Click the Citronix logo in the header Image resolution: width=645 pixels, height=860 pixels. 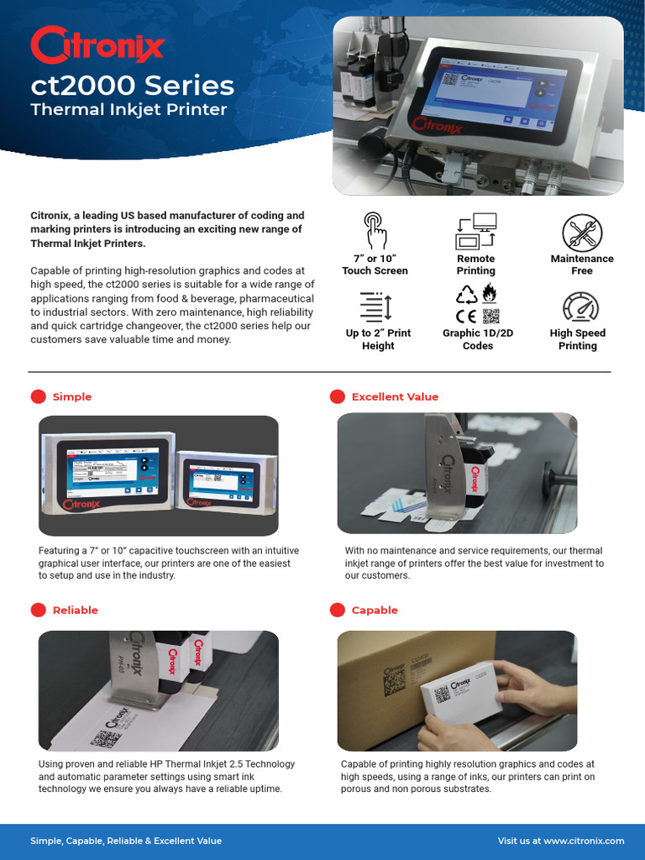(x=97, y=45)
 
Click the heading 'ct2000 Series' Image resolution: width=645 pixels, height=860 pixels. (x=132, y=86)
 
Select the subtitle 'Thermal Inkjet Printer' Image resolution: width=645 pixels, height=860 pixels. (x=128, y=110)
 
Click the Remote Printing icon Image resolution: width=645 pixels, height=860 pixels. (x=476, y=231)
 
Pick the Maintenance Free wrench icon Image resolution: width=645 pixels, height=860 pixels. (x=581, y=231)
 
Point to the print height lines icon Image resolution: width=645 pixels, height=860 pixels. (x=375, y=306)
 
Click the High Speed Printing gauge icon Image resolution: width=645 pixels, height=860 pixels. (x=579, y=307)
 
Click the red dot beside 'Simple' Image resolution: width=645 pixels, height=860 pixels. (x=39, y=396)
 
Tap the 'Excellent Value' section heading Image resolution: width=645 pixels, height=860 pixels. (x=395, y=396)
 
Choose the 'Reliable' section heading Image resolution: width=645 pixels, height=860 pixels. (x=75, y=610)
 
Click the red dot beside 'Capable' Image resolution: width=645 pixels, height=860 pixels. (x=338, y=610)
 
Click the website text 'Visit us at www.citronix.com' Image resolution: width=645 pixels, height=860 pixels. (x=561, y=841)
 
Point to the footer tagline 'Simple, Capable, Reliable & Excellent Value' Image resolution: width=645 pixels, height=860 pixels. (x=126, y=841)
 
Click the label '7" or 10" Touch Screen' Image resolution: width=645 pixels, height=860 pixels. (x=375, y=265)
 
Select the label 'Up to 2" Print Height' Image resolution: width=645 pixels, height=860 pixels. (x=378, y=339)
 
